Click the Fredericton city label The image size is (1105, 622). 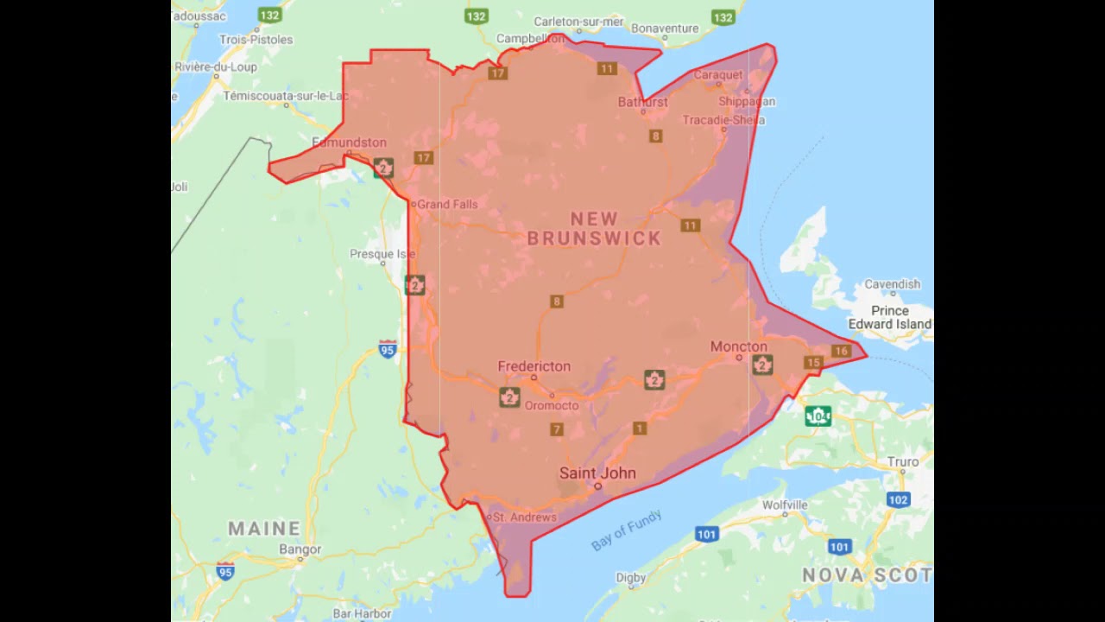pyautogui.click(x=534, y=366)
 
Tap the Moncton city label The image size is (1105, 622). pyautogui.click(x=738, y=346)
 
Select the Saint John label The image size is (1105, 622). pyautogui.click(x=597, y=473)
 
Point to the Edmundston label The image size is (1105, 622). pyautogui.click(x=349, y=143)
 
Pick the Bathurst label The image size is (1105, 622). pyautogui.click(x=642, y=102)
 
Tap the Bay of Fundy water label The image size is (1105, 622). pyautogui.click(x=626, y=530)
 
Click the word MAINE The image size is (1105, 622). pyautogui.click(x=264, y=528)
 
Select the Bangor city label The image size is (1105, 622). pyautogui.click(x=300, y=549)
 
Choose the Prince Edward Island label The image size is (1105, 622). pyautogui.click(x=889, y=317)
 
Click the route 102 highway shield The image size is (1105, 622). pyautogui.click(x=898, y=499)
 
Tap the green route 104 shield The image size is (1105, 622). pyautogui.click(x=818, y=416)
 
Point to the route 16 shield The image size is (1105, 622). pyautogui.click(x=841, y=351)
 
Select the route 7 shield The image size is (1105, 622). pyautogui.click(x=557, y=429)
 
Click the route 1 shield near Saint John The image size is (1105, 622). pyautogui.click(x=640, y=428)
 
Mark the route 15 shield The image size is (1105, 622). pyautogui.click(x=812, y=363)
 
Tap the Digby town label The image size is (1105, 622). pyautogui.click(x=630, y=577)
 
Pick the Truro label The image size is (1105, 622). pyautogui.click(x=903, y=461)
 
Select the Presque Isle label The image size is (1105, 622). pyautogui.click(x=382, y=254)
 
